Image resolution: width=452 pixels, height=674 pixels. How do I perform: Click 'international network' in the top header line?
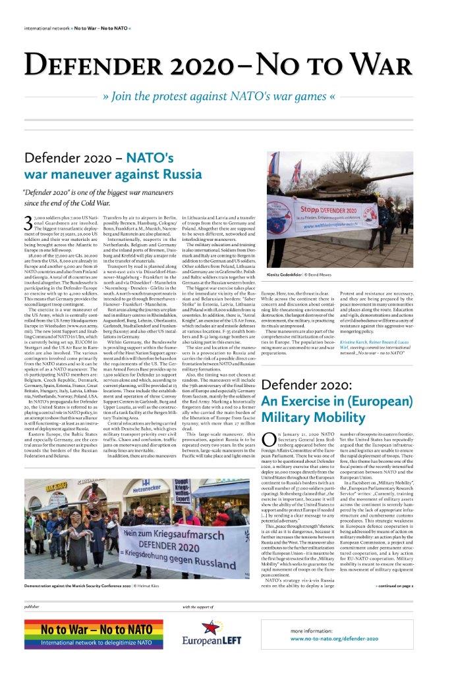(47, 29)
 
